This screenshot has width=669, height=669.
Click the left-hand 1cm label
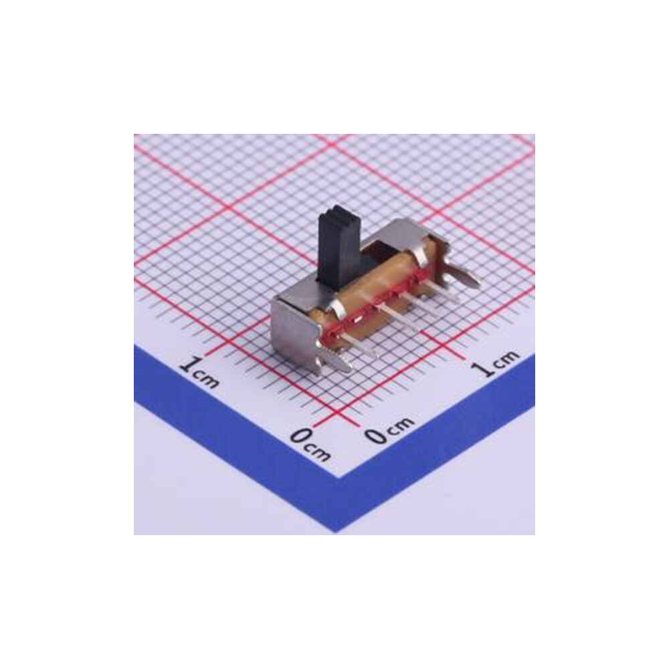(199, 372)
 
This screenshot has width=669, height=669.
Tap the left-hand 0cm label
(310, 444)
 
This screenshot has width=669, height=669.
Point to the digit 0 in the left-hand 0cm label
(300, 438)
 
